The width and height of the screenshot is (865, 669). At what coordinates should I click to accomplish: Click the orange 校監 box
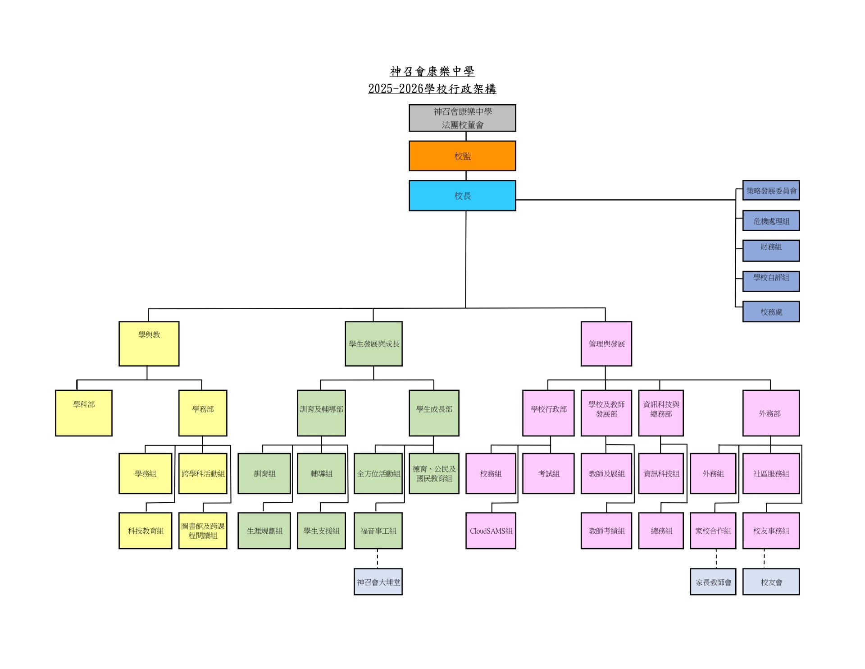(462, 156)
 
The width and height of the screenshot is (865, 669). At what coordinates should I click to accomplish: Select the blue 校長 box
(462, 196)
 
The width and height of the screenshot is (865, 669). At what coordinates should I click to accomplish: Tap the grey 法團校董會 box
(462, 118)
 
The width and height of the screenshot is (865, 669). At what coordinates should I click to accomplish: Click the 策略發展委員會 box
(771, 190)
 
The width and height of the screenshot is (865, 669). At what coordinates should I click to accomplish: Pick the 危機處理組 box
(771, 221)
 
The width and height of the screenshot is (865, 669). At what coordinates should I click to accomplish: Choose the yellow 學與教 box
(149, 344)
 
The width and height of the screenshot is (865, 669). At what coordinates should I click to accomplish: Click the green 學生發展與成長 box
(373, 344)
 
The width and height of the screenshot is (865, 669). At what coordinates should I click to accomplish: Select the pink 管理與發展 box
(606, 344)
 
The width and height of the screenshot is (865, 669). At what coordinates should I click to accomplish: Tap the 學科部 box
(84, 413)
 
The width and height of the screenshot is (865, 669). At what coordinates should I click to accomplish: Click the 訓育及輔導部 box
(321, 413)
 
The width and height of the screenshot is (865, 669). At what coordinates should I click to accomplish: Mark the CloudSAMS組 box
(491, 531)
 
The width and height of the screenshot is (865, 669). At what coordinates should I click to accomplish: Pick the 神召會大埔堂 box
(378, 582)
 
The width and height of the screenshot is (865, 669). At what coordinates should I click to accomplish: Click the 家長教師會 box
(713, 582)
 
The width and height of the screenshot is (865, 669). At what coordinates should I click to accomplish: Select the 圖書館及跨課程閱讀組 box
(203, 531)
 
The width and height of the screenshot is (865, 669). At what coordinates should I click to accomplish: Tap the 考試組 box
(548, 473)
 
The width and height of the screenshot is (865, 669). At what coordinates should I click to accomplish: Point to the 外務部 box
(771, 413)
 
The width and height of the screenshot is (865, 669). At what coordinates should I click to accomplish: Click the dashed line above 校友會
(764, 559)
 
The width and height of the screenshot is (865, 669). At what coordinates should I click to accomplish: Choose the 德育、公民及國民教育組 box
(434, 473)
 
